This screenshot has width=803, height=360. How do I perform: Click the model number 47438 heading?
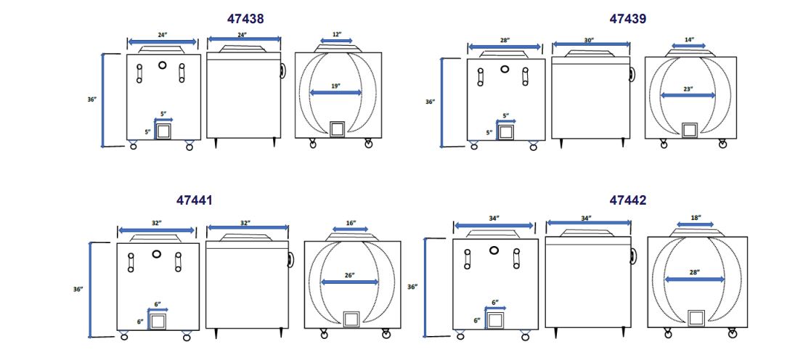coord(246,19)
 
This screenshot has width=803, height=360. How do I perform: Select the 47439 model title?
coord(628,19)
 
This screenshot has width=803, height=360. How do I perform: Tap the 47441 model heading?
coord(195,200)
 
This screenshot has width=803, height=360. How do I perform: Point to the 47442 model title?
coord(628,200)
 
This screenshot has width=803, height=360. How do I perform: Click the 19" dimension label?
coord(335,86)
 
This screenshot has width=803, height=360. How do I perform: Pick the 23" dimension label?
coord(688,89)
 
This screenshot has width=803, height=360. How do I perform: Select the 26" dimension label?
coord(350,275)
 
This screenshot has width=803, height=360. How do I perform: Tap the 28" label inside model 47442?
coord(694,272)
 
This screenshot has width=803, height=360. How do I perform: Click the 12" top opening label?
coord(336,34)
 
